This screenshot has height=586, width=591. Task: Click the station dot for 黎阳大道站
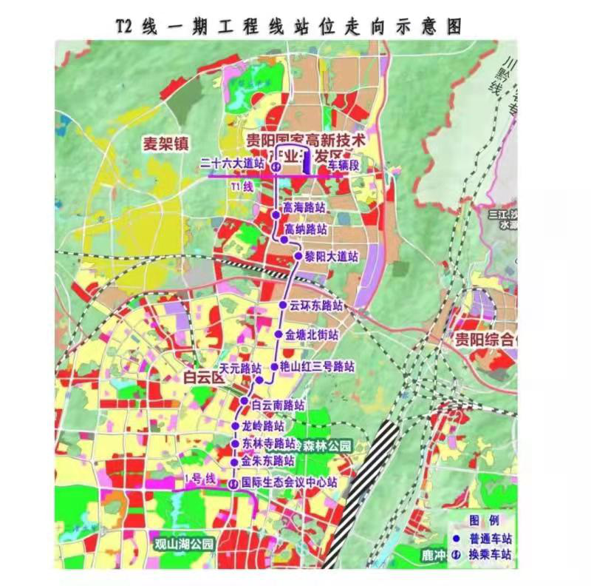point(296,256)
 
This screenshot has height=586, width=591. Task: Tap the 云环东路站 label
point(316,305)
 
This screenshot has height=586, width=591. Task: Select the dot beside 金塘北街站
point(279,334)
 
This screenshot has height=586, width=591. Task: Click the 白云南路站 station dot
point(245,403)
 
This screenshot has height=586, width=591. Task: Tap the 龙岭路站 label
point(263,427)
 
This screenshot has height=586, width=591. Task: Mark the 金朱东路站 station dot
point(234,462)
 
